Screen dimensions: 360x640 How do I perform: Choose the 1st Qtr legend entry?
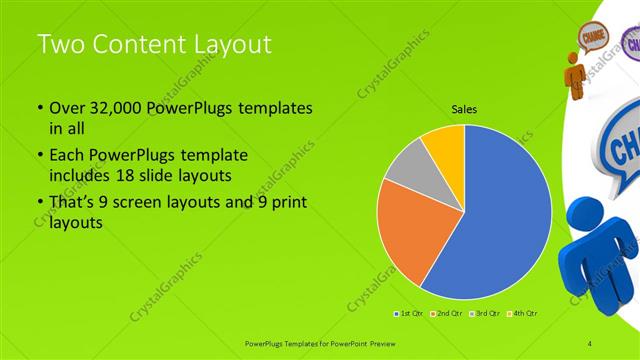pyautogui.click(x=411, y=314)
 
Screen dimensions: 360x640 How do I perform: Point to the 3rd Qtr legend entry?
pyautogui.click(x=485, y=314)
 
